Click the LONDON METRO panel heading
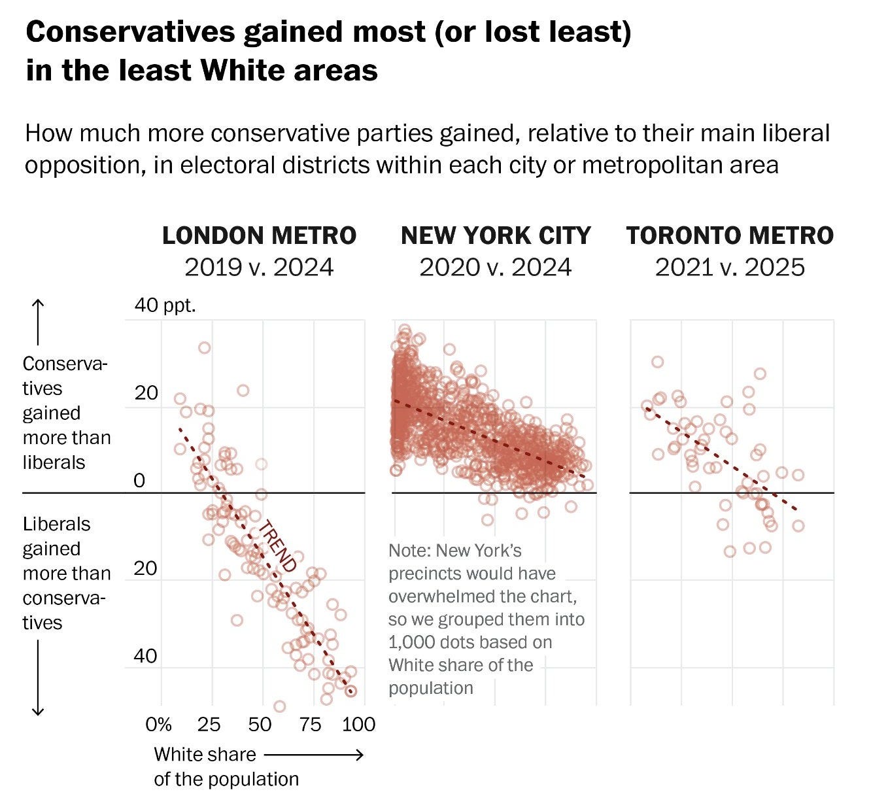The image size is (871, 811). point(259,235)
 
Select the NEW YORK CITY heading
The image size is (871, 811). point(496,235)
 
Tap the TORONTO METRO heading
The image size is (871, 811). point(730,235)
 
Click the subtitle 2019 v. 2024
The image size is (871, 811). point(259,267)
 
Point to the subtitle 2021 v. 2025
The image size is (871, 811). point(730,267)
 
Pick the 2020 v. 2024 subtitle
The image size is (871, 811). point(496,267)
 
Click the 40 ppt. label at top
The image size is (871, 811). point(165,305)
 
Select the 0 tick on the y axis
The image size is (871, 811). point(139,481)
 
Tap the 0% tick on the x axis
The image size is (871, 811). point(158,724)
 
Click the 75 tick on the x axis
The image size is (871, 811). point(311,724)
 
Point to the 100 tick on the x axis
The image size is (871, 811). point(359,724)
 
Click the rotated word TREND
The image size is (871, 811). point(277,547)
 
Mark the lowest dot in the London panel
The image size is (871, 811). point(279,706)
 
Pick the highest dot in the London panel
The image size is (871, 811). point(205,348)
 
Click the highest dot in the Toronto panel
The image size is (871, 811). point(657,362)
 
